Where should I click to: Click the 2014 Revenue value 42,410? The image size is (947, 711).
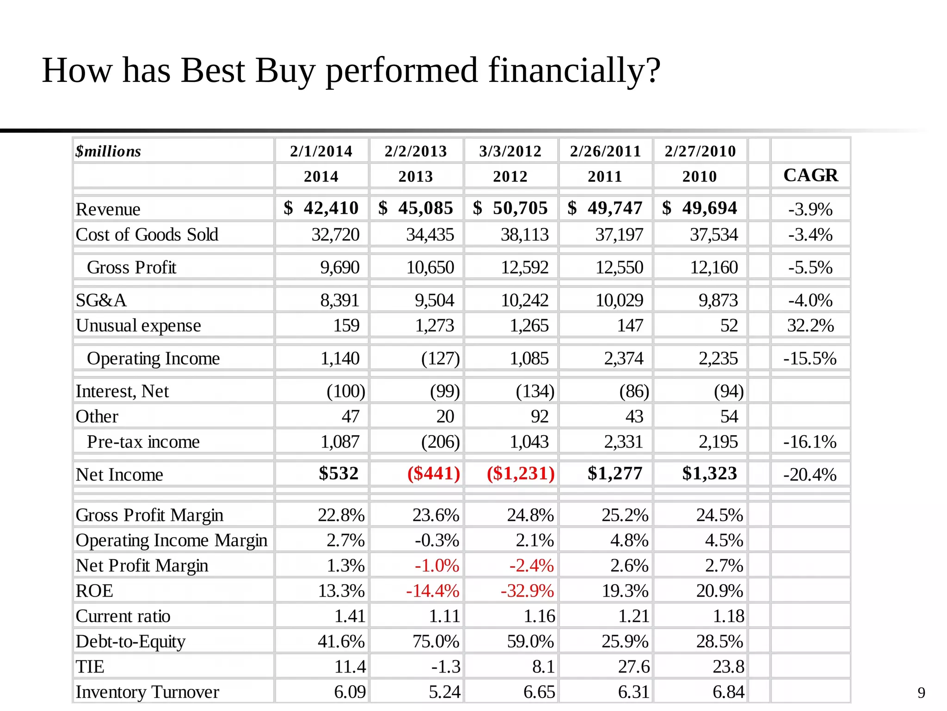point(331,208)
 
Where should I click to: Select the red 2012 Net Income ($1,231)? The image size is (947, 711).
point(520,473)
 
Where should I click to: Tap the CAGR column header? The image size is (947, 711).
point(810,175)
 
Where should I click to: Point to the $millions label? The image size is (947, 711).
point(108,151)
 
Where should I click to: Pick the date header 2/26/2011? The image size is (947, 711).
point(605,151)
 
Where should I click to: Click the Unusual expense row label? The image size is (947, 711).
point(138,325)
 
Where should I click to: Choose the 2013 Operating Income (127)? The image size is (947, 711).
point(440,358)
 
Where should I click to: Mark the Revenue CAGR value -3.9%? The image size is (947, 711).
point(810,209)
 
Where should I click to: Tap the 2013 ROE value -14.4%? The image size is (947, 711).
point(432,591)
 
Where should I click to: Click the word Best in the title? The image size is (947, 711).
point(213,70)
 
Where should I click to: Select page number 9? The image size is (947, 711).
point(921,692)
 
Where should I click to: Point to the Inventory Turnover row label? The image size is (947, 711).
point(147,692)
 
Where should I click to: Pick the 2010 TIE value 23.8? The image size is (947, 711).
point(728,667)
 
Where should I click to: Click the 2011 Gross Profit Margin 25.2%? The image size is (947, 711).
point(625,515)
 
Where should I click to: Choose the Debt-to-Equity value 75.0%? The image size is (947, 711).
point(436,641)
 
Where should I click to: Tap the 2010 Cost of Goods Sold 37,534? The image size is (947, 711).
point(713,234)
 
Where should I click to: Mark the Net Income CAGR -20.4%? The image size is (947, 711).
point(810,474)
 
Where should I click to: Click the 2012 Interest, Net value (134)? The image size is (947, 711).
point(535,391)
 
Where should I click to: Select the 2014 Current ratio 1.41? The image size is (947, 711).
point(350,616)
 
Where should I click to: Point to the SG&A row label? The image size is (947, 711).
point(101,300)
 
